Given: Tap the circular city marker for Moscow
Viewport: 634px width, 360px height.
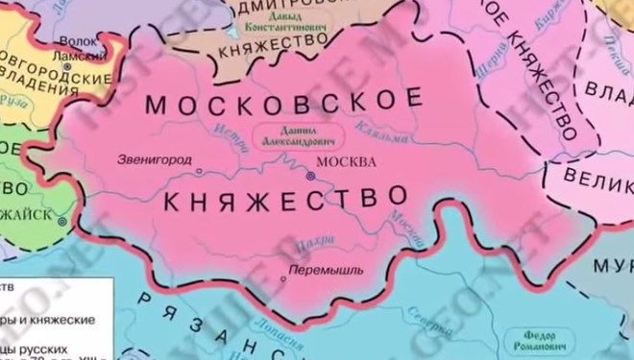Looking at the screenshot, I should click(x=310, y=177).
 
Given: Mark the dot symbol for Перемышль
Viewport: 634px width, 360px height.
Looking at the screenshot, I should click(x=282, y=279).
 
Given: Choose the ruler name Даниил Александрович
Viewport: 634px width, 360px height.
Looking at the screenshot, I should click(x=290, y=134).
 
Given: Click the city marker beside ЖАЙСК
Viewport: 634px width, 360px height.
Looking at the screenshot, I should click(x=62, y=221).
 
